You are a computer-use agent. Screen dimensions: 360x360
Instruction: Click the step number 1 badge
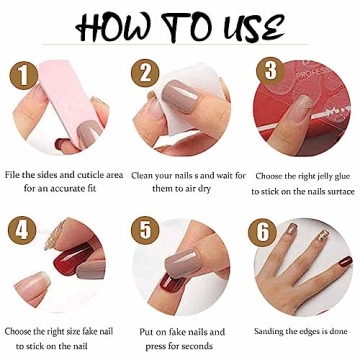click(18, 74)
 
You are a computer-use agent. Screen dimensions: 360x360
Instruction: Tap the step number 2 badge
click(147, 72)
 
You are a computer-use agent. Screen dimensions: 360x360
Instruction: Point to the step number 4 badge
click(19, 229)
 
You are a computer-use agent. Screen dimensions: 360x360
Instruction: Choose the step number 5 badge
click(147, 229)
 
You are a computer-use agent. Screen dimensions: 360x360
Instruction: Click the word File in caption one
click(15, 176)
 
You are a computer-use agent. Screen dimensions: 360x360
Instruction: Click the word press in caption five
click(152, 345)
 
